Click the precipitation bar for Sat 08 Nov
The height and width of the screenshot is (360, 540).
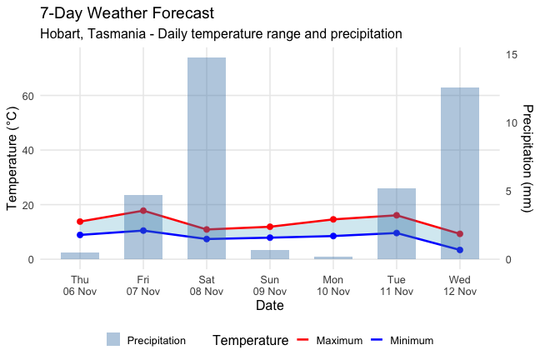tap(207, 158)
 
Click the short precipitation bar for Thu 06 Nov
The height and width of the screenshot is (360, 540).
tap(80, 256)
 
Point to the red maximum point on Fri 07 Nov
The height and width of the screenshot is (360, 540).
tap(143, 211)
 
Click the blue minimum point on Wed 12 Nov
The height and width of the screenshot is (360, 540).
tap(460, 250)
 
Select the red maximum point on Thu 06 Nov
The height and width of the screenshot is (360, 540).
tap(80, 222)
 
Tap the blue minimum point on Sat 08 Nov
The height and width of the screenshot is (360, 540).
tap(207, 239)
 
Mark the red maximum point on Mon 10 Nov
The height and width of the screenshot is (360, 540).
tap(333, 219)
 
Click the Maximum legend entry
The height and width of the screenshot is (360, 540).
tap(329, 340)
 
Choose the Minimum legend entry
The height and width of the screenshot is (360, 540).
tap(400, 340)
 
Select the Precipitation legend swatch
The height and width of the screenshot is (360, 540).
tap(113, 340)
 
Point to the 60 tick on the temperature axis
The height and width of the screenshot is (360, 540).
tap(51, 96)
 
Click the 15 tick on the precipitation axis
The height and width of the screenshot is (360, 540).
tap(512, 54)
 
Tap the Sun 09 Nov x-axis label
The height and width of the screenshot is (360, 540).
tap(270, 286)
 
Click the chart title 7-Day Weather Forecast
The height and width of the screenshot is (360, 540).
tap(127, 14)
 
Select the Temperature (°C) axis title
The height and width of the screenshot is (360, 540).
tap(12, 157)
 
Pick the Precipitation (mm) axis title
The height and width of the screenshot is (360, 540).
tap(527, 157)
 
